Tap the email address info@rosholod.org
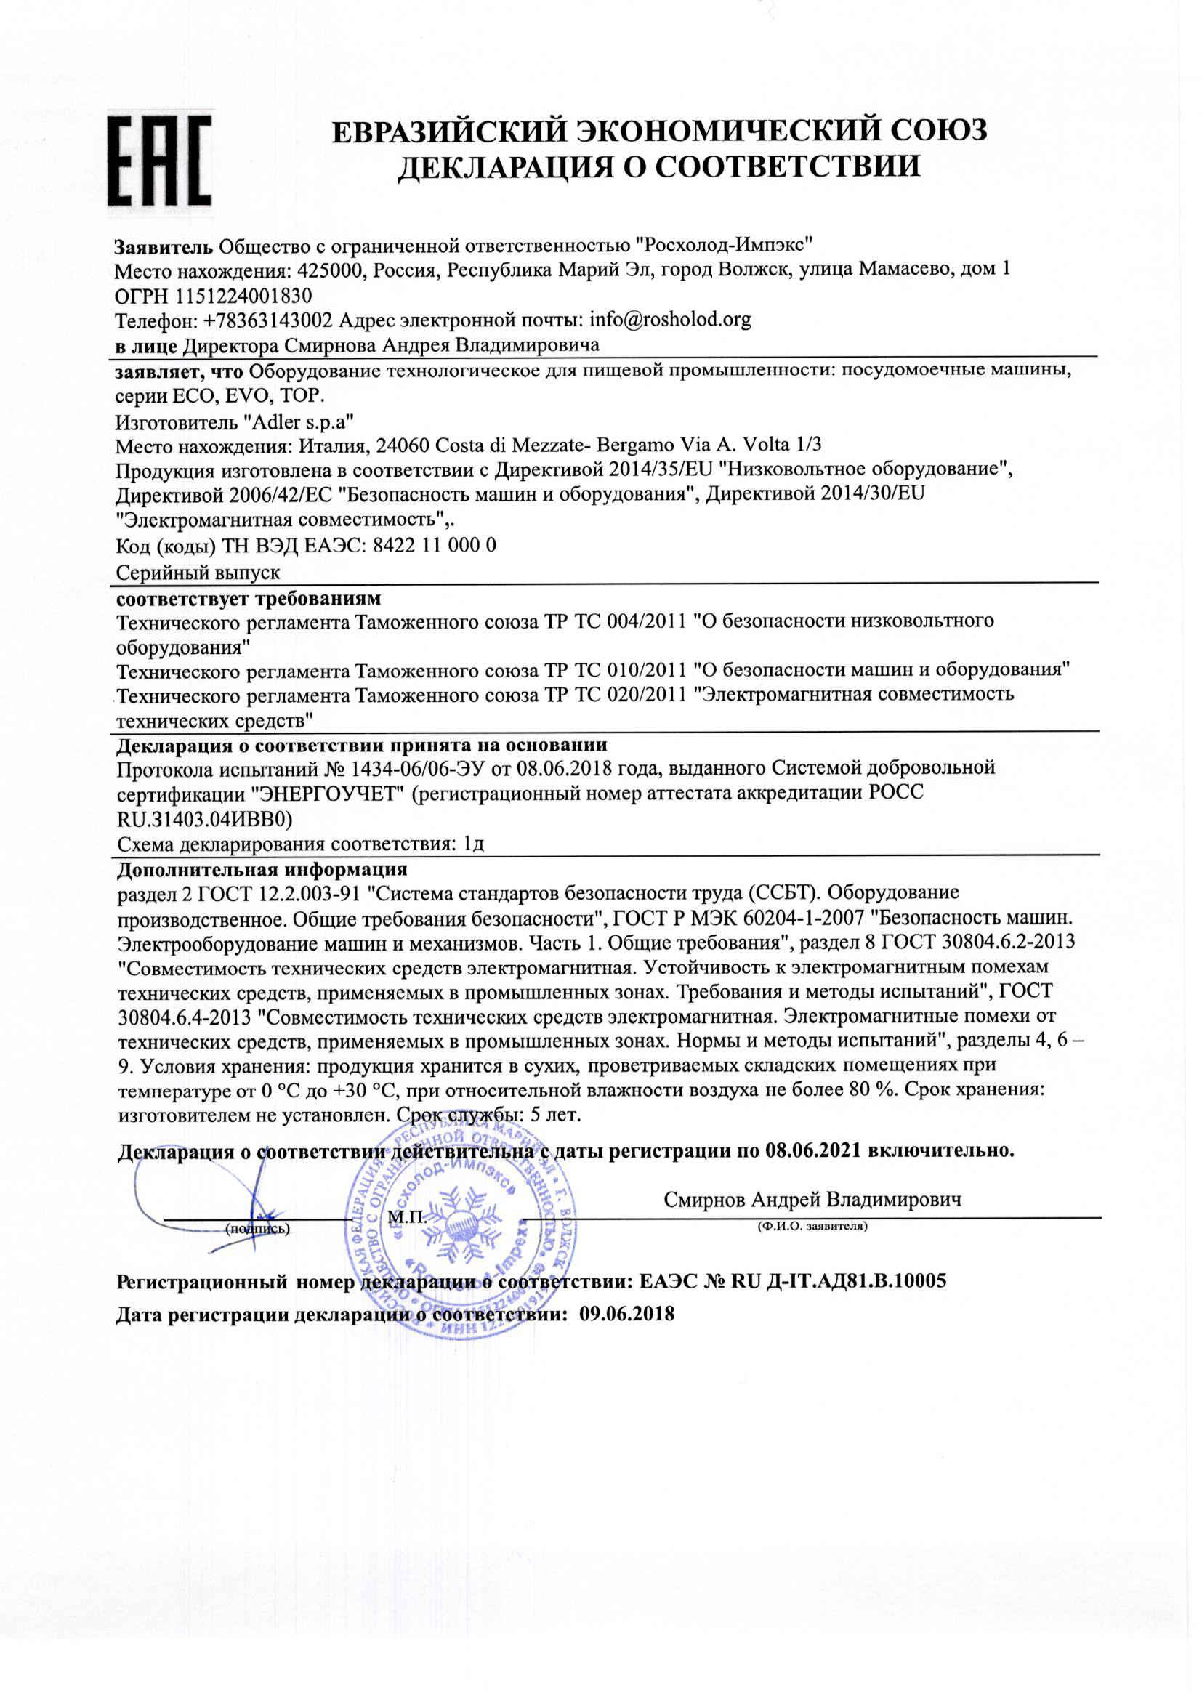point(670,320)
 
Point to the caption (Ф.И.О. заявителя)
point(812,1227)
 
